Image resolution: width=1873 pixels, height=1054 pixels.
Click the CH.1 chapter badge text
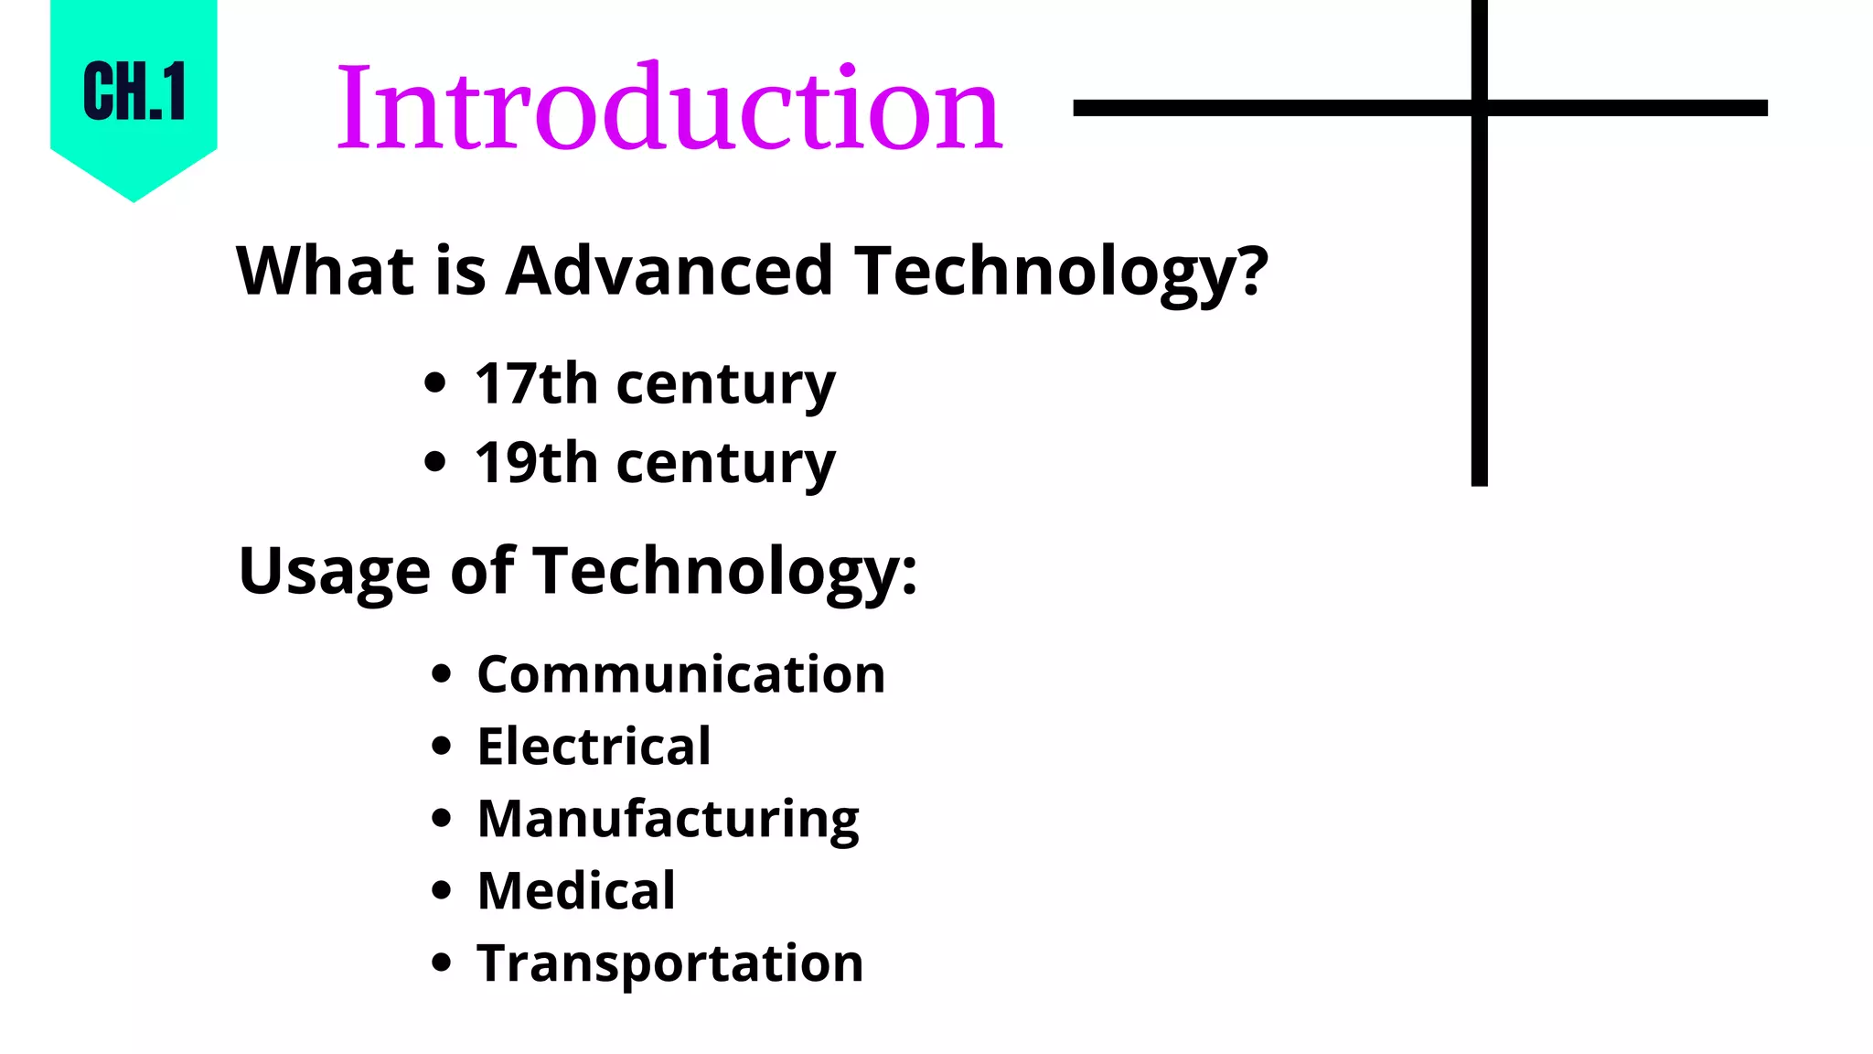pos(134,91)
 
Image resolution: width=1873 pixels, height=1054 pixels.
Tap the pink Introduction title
pos(669,108)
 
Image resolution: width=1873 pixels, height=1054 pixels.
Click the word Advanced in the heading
pos(669,271)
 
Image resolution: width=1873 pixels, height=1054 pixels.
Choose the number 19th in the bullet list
pos(536,462)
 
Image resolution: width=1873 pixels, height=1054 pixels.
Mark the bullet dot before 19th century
pos(435,462)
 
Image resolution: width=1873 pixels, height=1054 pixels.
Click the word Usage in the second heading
pos(334,571)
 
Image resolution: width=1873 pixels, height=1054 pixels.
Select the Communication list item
pos(681,674)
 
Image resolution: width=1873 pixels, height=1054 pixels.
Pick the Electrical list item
pos(594,746)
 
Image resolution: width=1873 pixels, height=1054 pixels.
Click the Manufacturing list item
pos(669,818)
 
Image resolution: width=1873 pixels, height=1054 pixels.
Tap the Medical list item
pos(576,890)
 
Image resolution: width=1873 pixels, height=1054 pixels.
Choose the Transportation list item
pos(670,963)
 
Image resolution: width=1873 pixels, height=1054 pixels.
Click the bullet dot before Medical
pos(442,890)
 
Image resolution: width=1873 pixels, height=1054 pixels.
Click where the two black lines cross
pos(1479,108)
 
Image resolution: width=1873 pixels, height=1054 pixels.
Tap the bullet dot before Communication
pos(442,674)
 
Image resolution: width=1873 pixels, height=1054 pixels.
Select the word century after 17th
pos(726,384)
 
